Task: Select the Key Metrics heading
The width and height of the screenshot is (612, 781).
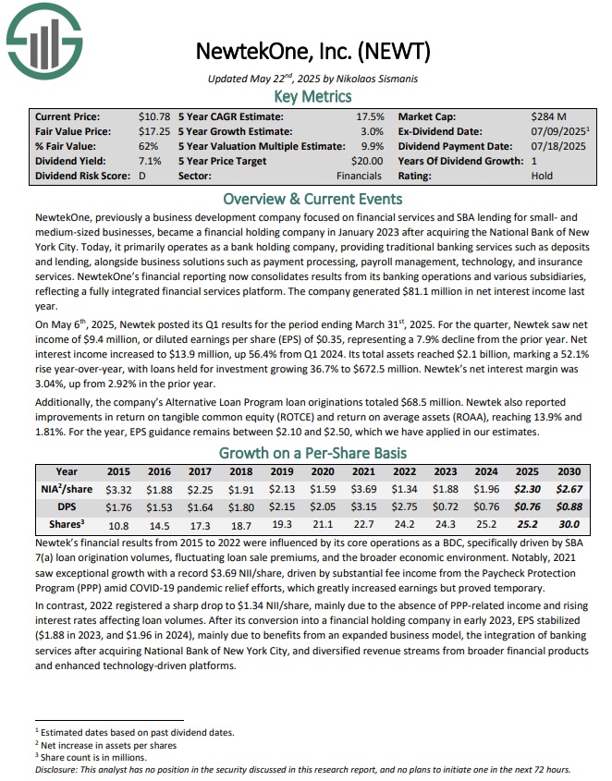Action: pyautogui.click(x=312, y=96)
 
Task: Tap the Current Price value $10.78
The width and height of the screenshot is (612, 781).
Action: pyautogui.click(x=154, y=117)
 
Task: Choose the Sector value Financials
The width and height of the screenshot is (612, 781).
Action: pyautogui.click(x=359, y=176)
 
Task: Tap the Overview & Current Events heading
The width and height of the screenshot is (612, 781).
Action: pyautogui.click(x=312, y=199)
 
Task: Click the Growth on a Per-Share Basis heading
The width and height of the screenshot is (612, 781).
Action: pyautogui.click(x=312, y=453)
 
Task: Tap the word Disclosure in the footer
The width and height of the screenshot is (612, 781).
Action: pyautogui.click(x=58, y=769)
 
